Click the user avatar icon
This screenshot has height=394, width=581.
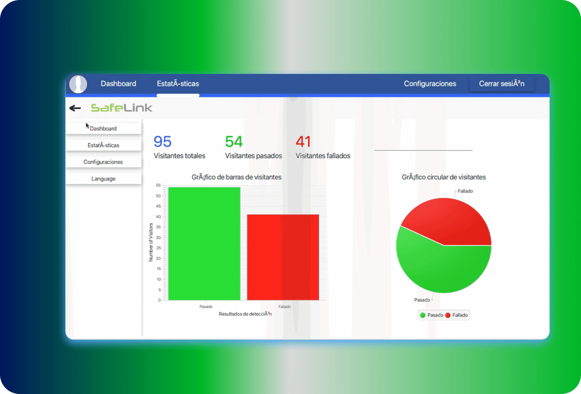click(78, 84)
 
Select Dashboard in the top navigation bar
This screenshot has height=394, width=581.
click(118, 84)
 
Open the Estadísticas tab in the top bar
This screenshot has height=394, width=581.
click(178, 84)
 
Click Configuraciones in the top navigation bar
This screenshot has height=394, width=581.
click(430, 84)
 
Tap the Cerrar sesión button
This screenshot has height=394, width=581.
click(501, 83)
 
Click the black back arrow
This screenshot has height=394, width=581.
click(75, 108)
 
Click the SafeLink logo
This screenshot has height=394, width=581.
click(121, 108)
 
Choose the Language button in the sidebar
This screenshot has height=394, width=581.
click(103, 178)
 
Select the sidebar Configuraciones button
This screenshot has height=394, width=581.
click(103, 162)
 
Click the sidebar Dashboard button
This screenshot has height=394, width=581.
click(103, 128)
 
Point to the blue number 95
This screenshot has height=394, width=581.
click(162, 141)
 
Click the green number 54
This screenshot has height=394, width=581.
click(234, 141)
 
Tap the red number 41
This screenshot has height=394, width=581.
click(303, 141)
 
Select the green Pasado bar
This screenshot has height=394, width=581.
click(204, 244)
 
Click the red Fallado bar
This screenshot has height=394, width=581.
click(283, 257)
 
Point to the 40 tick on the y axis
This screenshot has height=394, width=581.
click(158, 217)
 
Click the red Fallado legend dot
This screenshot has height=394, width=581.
click(448, 315)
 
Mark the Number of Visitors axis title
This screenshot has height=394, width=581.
click(151, 242)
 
